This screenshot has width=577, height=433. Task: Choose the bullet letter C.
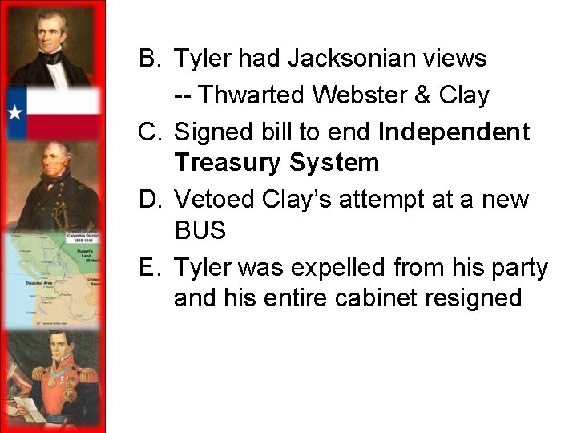click(x=149, y=132)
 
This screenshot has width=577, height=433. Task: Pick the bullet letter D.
click(x=149, y=198)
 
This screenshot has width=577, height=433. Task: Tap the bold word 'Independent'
click(x=454, y=132)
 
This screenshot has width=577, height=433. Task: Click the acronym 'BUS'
click(x=200, y=231)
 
